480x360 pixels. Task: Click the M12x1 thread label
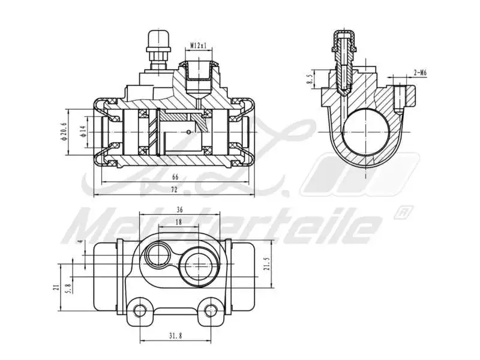coord(199,46)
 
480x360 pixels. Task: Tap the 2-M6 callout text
coord(420,73)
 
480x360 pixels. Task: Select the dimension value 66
coord(175,177)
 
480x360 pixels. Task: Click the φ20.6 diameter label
coord(64,131)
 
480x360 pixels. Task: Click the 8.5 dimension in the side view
coord(310,79)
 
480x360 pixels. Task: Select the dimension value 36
coord(179,210)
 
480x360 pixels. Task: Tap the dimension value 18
coord(178,222)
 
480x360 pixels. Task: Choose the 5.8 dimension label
coord(70,289)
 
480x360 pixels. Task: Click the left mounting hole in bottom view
coord(140,310)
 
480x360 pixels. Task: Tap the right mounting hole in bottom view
coord(209,310)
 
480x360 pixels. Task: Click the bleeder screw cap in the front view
coord(158,40)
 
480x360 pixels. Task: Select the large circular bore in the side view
coord(365,132)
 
